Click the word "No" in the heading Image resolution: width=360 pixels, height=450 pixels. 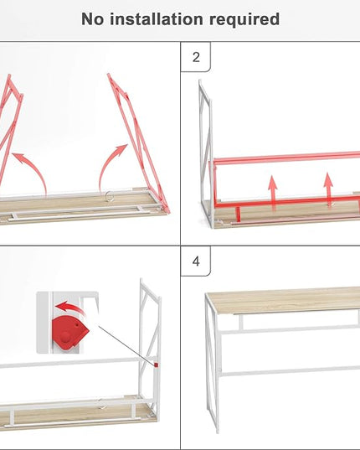point(93,19)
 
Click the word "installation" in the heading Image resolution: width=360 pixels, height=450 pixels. point(157,19)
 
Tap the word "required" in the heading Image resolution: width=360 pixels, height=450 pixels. point(244,19)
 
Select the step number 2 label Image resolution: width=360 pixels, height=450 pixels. point(196,57)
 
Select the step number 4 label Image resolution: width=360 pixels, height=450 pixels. point(196,261)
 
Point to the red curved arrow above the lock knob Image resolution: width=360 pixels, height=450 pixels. point(69,307)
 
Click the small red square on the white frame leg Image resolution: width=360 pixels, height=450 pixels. point(157,365)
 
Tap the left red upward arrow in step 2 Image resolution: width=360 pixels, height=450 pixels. point(273,191)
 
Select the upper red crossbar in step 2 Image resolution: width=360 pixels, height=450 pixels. point(286,158)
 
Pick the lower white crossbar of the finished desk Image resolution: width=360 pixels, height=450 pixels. point(290,371)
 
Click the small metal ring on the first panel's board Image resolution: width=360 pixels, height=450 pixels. point(109,196)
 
